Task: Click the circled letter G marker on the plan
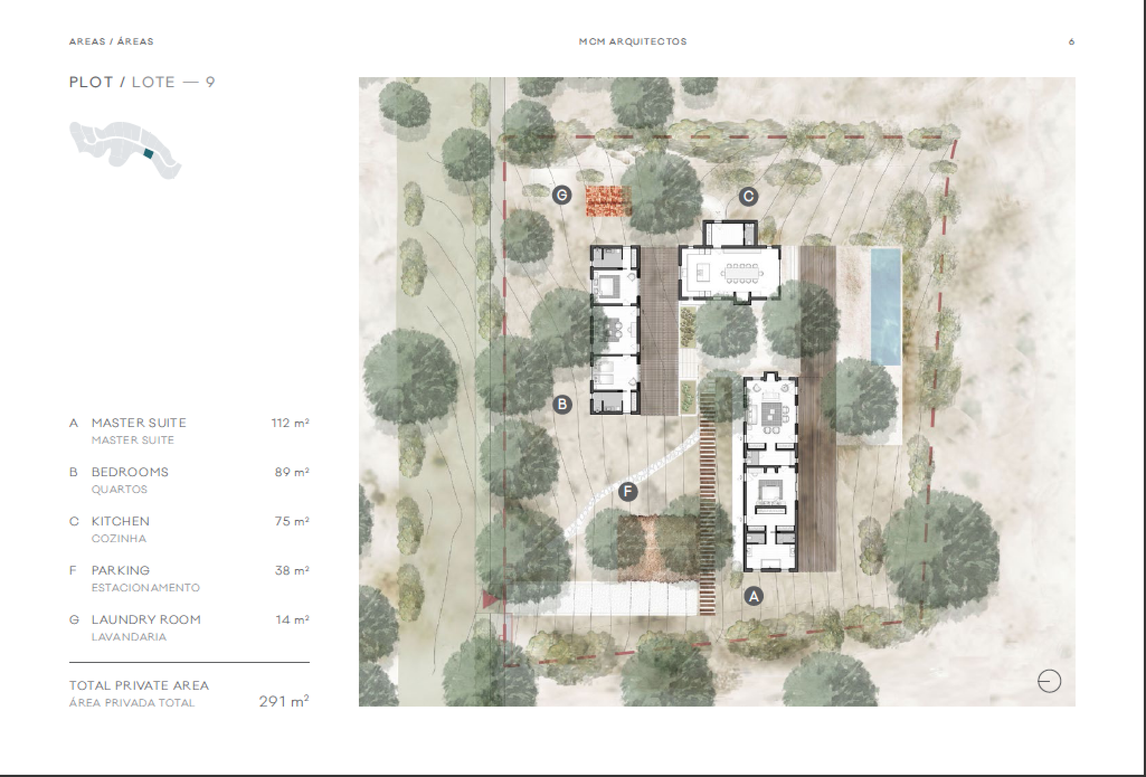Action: point(562,195)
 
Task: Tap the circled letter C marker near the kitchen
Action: point(748,196)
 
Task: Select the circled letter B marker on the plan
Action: point(562,404)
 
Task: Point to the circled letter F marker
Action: point(628,492)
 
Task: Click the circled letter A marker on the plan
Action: point(754,596)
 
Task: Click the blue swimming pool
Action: point(885,306)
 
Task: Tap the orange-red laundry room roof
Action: point(608,201)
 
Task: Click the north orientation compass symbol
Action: point(1049,681)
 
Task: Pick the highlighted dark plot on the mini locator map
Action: point(148,153)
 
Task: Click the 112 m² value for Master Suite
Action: point(290,423)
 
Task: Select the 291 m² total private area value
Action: point(284,701)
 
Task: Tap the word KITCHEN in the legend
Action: point(121,521)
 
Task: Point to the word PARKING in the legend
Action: point(121,570)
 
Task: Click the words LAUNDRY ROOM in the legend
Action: point(146,619)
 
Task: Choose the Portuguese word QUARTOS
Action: point(120,489)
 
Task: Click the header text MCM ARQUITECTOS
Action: point(633,41)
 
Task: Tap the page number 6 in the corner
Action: point(1072,41)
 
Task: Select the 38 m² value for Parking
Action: point(292,570)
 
